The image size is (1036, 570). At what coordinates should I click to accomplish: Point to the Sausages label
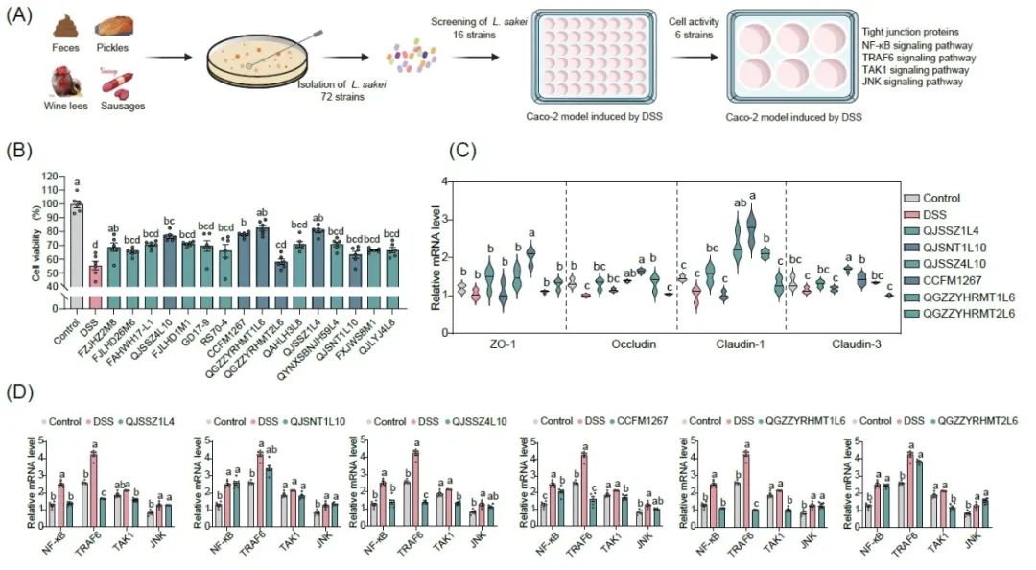(123, 106)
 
